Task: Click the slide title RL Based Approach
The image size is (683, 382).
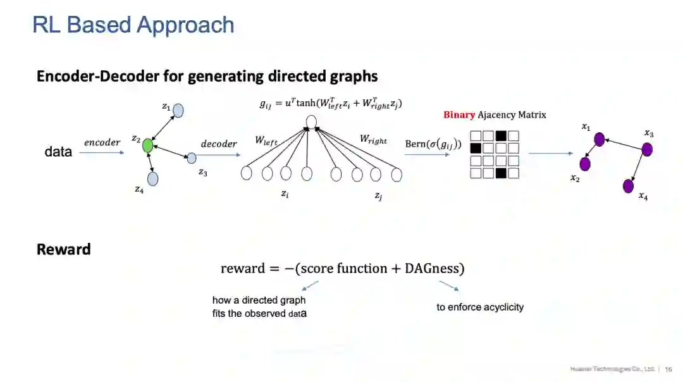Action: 133,25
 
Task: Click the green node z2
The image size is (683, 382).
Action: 148,146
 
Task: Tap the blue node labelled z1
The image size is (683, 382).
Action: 178,111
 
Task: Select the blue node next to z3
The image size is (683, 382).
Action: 192,157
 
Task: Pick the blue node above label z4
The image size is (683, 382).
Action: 152,178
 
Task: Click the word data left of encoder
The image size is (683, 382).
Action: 58,152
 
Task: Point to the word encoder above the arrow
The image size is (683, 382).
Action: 102,142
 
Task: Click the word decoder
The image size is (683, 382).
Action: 219,144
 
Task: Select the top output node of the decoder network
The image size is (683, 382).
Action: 311,121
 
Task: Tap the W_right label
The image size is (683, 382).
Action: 373,139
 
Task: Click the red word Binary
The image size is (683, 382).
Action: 459,115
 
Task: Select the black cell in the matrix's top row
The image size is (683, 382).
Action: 501,135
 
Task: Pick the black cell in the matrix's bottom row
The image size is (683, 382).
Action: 501,173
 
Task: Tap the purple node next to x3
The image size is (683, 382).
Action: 646,149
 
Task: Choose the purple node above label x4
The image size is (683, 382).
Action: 628,186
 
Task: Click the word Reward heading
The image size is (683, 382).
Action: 64,249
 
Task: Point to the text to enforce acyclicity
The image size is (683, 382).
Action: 480,307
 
